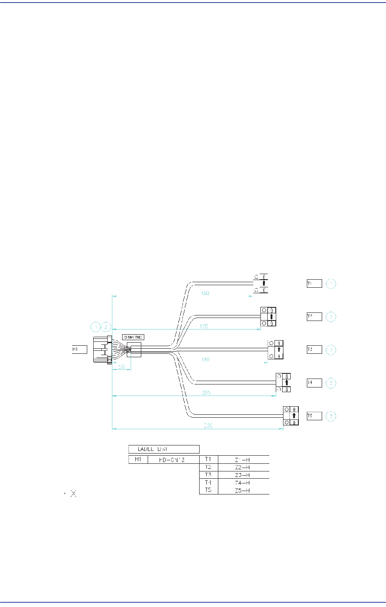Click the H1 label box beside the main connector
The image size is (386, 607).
(x=79, y=350)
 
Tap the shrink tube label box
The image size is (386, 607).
(x=133, y=337)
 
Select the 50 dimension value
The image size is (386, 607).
(x=121, y=367)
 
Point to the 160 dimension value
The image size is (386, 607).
(x=205, y=293)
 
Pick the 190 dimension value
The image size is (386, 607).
(x=205, y=359)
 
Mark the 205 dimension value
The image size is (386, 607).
(x=206, y=393)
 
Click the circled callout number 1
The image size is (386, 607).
(x=96, y=327)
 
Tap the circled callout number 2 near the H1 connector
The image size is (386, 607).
(x=106, y=327)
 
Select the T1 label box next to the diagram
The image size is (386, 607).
(x=314, y=283)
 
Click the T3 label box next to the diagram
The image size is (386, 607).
(x=314, y=350)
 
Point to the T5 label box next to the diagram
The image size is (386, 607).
(x=314, y=416)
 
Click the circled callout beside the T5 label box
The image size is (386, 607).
(x=330, y=416)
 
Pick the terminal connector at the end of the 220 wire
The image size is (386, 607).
(x=290, y=416)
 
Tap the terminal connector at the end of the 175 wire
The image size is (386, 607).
(x=268, y=317)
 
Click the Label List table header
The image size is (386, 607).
(x=164, y=449)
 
